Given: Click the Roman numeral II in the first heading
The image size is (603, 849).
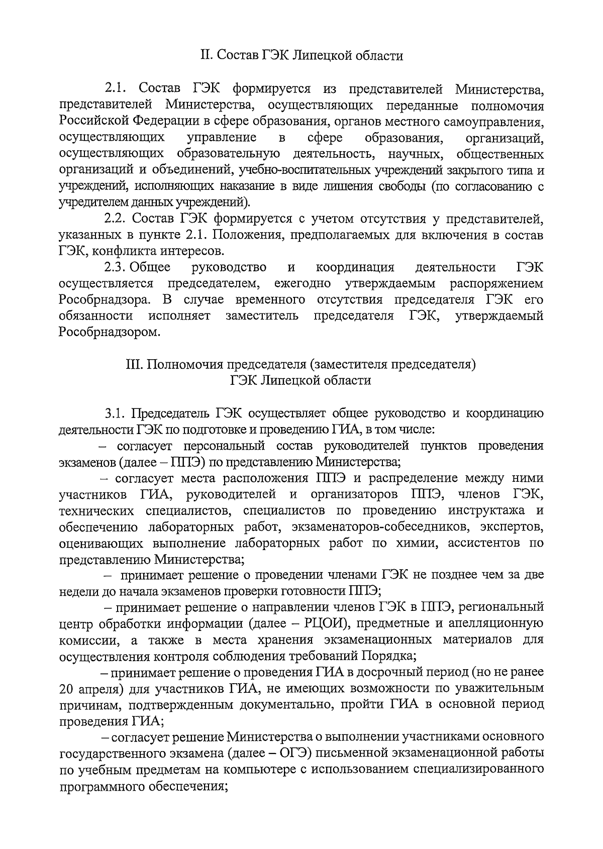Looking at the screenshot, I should point(207,55).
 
